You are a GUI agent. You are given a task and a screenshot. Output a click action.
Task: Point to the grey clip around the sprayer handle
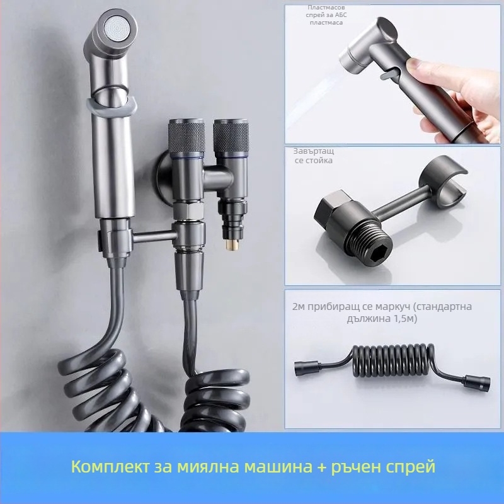(112, 106)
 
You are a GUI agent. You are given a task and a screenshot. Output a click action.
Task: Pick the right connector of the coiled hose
(478, 383)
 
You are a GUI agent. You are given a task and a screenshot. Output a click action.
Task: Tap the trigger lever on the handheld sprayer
(388, 75)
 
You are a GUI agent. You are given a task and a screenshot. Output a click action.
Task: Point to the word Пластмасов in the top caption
(326, 8)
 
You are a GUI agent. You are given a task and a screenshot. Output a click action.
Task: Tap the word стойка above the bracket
(314, 160)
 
